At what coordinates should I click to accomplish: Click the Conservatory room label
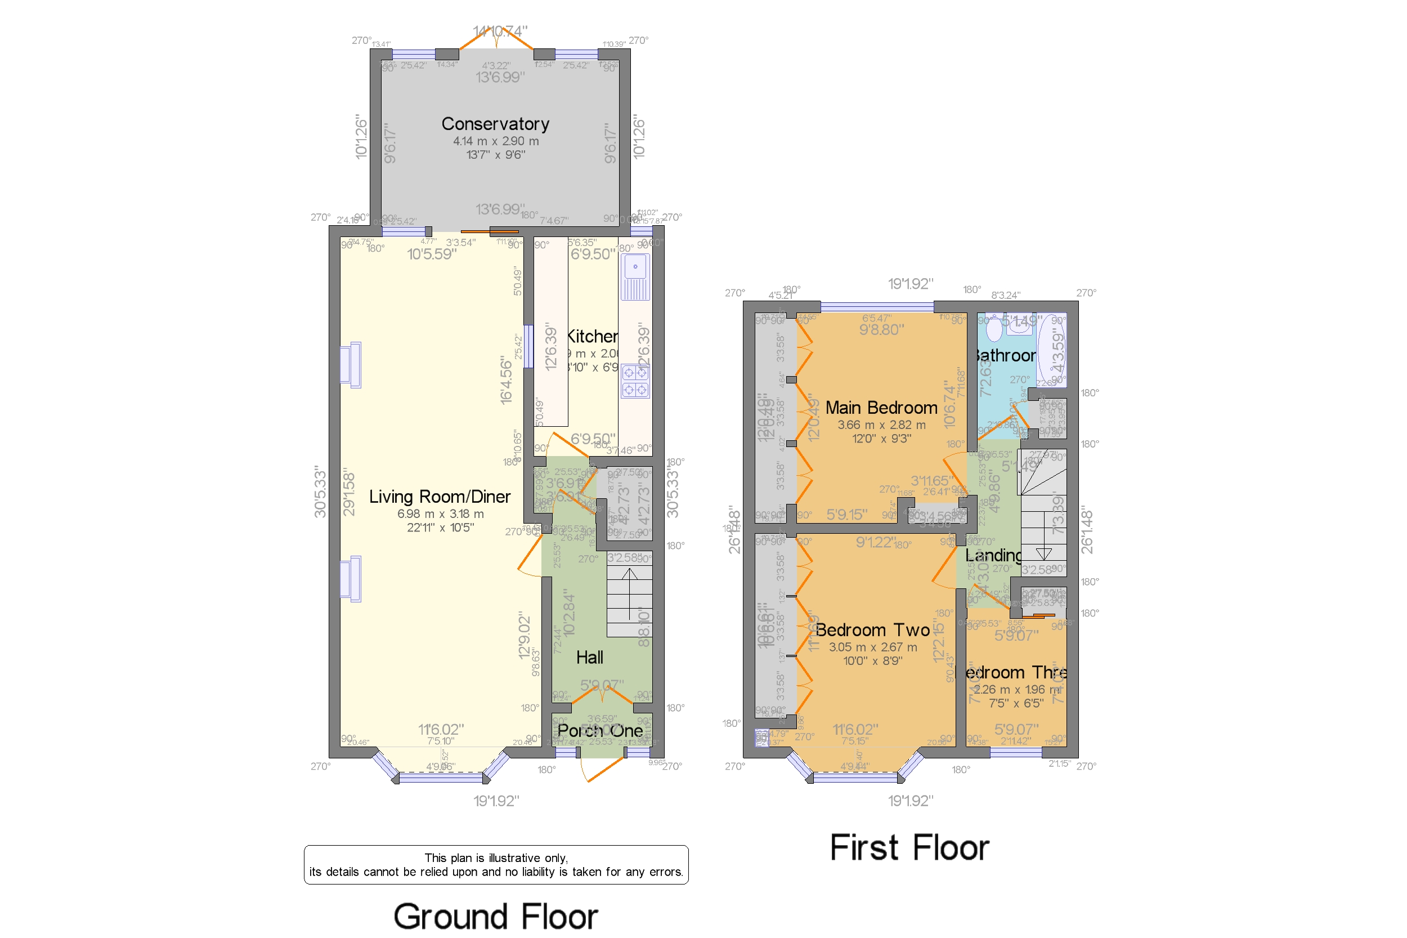coord(495,124)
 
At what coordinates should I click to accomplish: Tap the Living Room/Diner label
coord(439,497)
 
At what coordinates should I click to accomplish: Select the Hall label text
coord(589,658)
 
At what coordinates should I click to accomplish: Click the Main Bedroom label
coord(881,408)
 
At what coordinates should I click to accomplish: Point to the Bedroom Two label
coord(872,630)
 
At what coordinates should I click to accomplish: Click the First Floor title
coord(909,848)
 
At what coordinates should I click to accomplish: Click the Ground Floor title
coord(495,916)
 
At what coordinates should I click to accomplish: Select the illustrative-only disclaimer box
coord(495,864)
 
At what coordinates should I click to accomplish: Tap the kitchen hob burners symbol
coord(634,382)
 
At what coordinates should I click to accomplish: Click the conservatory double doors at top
coord(496,41)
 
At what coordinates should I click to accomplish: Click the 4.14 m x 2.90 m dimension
coord(495,141)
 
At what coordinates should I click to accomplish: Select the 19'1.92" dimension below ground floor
coord(496,801)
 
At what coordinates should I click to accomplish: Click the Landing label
coord(993,556)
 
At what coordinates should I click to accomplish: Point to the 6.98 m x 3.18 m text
coord(440,514)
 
